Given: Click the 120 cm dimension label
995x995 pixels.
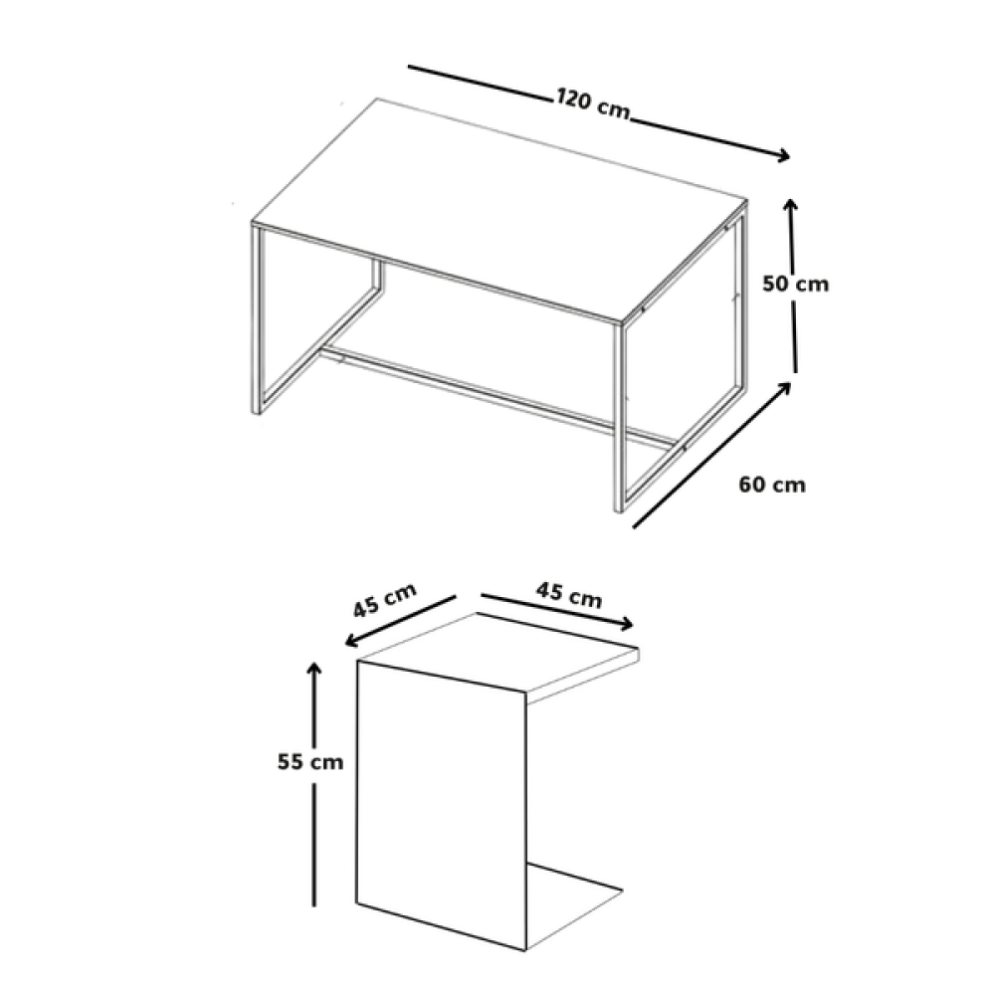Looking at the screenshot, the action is [593, 104].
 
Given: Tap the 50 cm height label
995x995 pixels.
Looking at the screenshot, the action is [796, 284].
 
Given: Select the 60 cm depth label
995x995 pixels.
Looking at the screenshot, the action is [772, 485].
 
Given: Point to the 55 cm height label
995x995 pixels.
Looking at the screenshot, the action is [310, 761].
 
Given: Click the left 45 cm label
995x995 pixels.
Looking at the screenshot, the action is [384, 600].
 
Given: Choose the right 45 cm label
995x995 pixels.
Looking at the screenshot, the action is [569, 595].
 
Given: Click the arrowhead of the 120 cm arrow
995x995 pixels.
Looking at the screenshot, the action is [784, 155].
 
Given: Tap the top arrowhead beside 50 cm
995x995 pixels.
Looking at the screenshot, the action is [790, 205].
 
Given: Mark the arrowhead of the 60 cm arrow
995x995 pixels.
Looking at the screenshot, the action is [786, 386].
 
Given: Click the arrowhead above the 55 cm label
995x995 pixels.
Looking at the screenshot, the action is [313, 668].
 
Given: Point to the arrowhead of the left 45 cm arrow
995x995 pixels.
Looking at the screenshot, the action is [351, 642].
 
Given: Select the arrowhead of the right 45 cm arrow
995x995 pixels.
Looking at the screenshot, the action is [627, 625].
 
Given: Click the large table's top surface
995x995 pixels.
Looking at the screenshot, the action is [498, 209].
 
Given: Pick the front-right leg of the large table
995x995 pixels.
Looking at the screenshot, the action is [619, 418].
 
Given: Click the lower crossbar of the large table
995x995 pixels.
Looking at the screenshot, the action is [498, 395].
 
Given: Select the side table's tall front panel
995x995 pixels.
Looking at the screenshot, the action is [442, 806].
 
